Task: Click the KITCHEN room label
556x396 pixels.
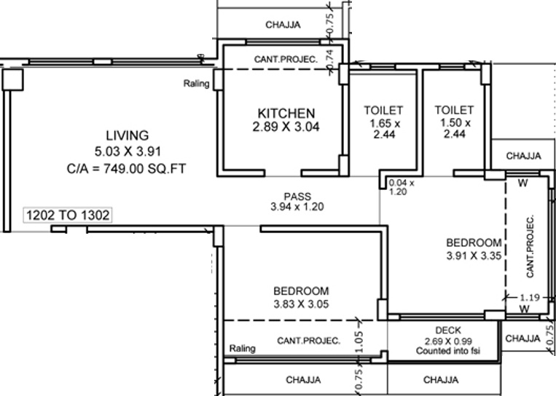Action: point(286,114)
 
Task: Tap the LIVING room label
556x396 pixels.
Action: point(128,135)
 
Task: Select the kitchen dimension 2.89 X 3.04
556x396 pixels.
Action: point(286,127)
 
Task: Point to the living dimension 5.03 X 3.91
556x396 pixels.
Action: point(128,151)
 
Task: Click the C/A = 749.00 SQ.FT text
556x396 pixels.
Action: point(126,169)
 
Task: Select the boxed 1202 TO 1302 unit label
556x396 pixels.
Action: point(68,215)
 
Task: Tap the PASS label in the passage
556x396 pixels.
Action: point(297,197)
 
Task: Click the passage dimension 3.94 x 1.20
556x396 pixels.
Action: point(297,207)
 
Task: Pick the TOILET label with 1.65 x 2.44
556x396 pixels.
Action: point(384,110)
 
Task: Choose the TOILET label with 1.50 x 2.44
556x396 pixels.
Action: point(454,110)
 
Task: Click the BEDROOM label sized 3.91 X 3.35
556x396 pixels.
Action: point(474,243)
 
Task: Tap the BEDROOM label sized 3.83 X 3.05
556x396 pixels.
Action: point(301,291)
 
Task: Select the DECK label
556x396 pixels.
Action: point(448,330)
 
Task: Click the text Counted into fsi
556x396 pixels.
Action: point(448,351)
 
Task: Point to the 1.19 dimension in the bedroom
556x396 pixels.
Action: point(530,298)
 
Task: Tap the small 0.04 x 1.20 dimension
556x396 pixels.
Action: point(402,187)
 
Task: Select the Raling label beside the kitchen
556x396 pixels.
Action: point(196,84)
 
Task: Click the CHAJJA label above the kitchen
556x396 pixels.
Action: point(283,25)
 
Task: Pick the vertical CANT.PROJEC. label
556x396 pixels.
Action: point(530,247)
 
